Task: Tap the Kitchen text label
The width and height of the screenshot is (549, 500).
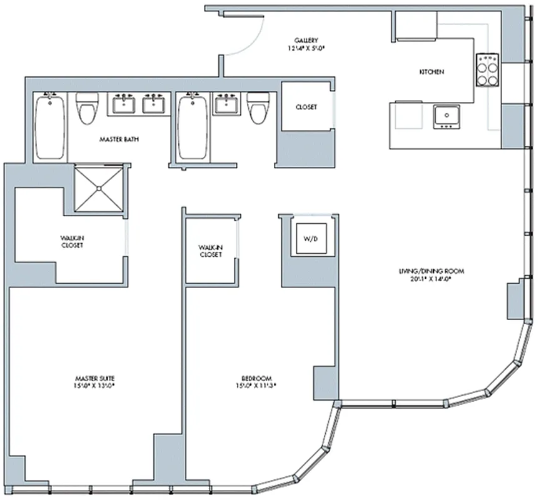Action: (431, 72)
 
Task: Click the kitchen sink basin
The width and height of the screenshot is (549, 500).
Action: (446, 116)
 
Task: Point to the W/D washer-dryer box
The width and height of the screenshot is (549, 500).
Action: (310, 238)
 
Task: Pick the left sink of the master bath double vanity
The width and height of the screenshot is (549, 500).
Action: (123, 104)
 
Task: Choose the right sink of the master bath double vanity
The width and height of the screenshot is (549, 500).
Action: (153, 104)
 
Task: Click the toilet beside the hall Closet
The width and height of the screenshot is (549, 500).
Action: (256, 109)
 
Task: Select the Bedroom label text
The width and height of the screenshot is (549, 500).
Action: (256, 378)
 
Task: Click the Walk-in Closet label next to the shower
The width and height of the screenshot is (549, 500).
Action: (72, 241)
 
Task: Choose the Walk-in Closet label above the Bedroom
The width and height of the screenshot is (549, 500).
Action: (211, 251)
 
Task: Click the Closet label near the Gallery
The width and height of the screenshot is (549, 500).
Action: (306, 107)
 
